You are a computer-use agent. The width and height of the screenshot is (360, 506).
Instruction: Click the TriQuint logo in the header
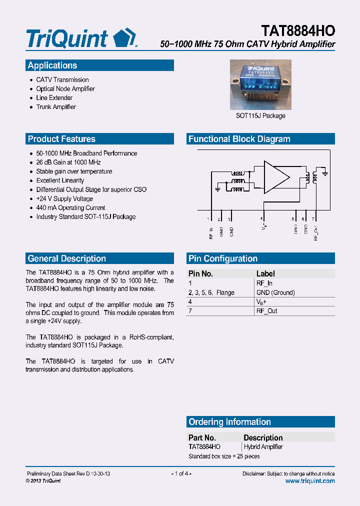80,38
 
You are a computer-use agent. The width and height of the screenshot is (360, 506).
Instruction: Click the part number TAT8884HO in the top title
298,31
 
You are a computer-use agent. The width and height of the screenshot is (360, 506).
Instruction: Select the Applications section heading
52,65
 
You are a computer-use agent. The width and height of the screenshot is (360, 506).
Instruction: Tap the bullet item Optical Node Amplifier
65,89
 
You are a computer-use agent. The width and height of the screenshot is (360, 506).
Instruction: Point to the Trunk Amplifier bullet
56,107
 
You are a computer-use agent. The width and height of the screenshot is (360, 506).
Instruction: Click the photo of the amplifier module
260,84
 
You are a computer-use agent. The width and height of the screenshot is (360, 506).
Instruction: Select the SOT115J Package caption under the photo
260,116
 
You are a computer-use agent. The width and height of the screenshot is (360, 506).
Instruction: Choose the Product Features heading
61,139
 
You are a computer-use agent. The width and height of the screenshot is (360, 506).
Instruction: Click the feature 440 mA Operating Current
70,208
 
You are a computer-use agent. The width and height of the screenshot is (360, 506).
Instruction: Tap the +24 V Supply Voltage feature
64,199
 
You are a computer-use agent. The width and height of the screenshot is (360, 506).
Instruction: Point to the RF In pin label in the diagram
211,232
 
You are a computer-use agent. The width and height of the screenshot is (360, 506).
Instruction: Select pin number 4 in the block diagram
261,219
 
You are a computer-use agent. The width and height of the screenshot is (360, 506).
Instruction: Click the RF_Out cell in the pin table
266,311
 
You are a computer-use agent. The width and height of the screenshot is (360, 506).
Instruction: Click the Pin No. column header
200,274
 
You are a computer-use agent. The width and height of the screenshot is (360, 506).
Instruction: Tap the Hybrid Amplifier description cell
263,447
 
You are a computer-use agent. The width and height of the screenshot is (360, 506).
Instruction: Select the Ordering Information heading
229,422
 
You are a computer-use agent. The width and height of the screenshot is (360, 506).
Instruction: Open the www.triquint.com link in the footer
310,481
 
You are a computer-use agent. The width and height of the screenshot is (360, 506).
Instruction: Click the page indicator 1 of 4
181,473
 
